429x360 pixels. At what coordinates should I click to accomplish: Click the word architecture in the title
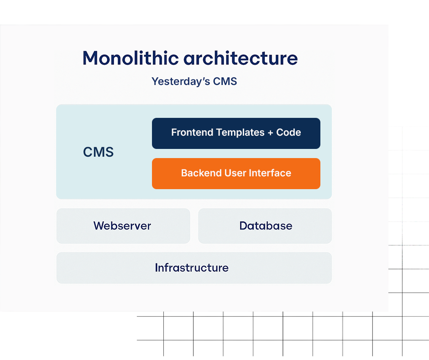(x=241, y=58)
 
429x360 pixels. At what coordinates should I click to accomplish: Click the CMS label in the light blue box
(x=98, y=152)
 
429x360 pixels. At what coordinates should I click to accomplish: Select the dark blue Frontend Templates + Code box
(x=236, y=133)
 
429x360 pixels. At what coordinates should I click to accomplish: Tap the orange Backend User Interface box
(x=236, y=173)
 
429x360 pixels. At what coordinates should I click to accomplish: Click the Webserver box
(x=123, y=226)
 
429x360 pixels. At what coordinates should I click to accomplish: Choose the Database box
(x=265, y=226)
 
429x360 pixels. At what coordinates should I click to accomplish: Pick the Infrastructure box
(x=194, y=268)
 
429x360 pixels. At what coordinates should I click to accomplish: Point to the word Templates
(x=240, y=132)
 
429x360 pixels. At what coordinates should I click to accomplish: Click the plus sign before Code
(x=271, y=133)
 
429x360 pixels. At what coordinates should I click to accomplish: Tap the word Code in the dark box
(x=288, y=132)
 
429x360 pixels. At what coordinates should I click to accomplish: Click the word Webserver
(x=122, y=226)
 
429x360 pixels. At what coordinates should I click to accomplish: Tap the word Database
(x=266, y=226)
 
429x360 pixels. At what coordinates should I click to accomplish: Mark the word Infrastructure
(x=192, y=268)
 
